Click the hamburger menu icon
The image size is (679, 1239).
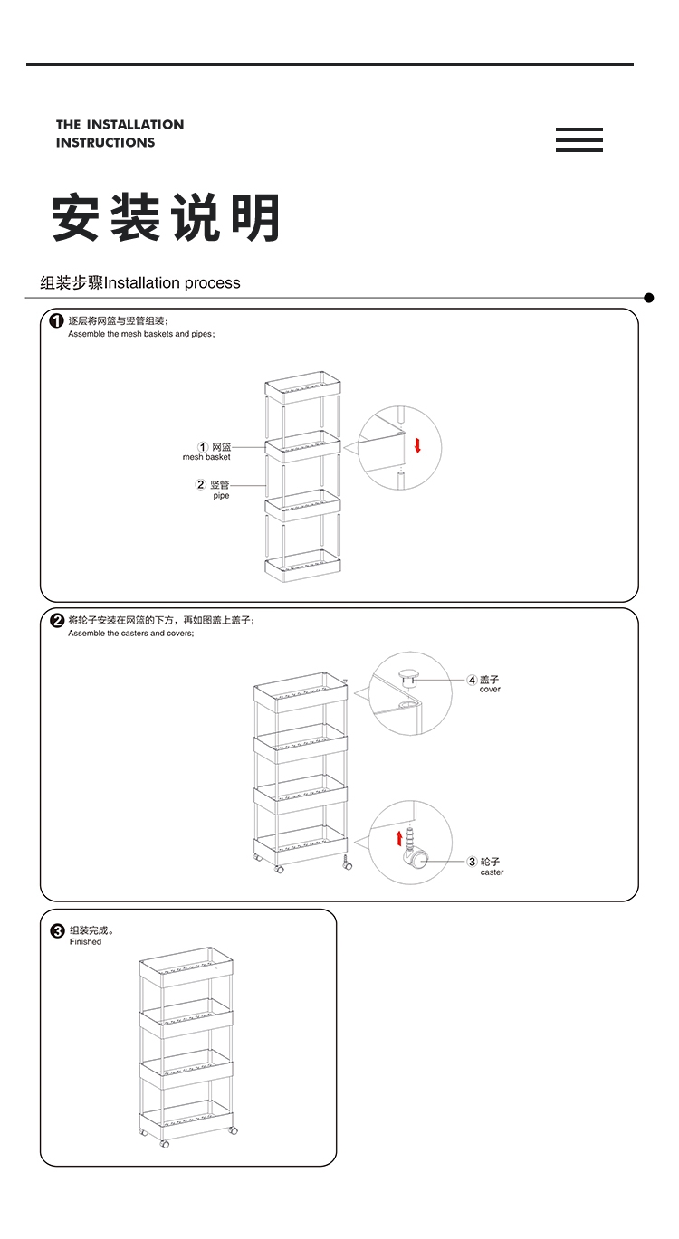pos(579,140)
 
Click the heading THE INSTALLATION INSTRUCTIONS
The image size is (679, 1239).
pos(120,133)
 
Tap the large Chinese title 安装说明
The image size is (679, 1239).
pos(166,218)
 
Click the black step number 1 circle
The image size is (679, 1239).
pos(57,321)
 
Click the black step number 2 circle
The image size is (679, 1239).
pos(57,621)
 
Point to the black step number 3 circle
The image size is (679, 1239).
pos(57,930)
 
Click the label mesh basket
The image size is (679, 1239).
pos(206,457)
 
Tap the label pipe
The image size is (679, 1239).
pos(222,496)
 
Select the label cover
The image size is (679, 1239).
pos(490,690)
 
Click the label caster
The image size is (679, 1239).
pos(492,872)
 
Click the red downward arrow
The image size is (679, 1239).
pos(418,444)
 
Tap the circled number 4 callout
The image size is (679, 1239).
pos(472,680)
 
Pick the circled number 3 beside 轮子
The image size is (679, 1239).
pos(472,862)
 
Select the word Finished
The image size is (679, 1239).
pos(85,942)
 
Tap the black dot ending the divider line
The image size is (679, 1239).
pos(648,298)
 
